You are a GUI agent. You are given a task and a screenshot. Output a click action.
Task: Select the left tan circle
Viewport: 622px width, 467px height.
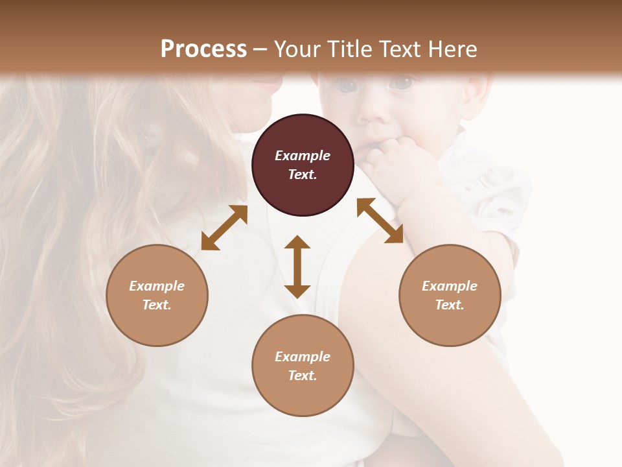[x=157, y=295]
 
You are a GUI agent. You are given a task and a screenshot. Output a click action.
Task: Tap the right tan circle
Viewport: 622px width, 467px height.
[x=450, y=295]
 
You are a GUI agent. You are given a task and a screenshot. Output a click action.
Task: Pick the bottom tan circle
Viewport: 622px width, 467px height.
[x=303, y=366]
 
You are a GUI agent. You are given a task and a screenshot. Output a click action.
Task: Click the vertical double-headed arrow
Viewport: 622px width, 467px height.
[x=297, y=267]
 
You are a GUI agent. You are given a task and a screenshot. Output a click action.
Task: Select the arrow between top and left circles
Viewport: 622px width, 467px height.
[x=224, y=228]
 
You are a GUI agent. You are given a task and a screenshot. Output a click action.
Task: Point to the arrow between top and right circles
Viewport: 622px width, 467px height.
[x=380, y=221]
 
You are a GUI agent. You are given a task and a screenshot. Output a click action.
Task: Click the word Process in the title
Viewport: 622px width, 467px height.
[x=203, y=49]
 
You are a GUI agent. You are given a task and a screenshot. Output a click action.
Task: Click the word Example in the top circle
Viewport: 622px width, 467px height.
[x=303, y=156]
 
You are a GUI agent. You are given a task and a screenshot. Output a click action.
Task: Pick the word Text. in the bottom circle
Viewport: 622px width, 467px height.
[x=303, y=376]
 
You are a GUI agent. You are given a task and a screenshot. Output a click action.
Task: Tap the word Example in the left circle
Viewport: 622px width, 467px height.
[x=157, y=286]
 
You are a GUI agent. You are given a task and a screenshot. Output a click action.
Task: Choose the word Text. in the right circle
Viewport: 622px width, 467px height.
[x=450, y=305]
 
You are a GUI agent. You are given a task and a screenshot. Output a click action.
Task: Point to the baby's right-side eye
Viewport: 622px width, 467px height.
[x=402, y=83]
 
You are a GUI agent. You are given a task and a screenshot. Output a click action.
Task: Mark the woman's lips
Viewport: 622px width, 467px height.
[x=266, y=84]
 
